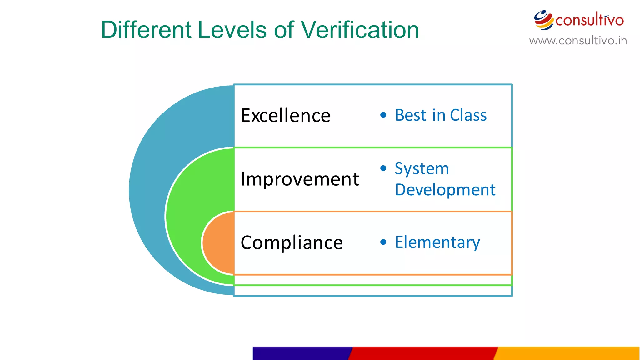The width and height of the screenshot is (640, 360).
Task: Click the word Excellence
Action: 285,116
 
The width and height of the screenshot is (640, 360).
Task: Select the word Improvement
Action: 300,179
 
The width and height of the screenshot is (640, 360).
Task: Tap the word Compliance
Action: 292,243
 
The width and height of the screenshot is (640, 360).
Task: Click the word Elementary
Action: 437,242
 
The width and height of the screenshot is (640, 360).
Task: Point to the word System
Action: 422,169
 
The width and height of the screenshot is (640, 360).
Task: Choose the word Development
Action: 445,190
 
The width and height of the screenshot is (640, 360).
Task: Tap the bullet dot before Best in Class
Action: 383,115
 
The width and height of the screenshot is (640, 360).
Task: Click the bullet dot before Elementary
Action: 383,242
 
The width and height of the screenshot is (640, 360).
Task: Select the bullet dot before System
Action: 383,168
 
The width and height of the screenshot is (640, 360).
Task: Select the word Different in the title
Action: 146,30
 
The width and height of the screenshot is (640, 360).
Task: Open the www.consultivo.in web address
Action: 578,41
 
